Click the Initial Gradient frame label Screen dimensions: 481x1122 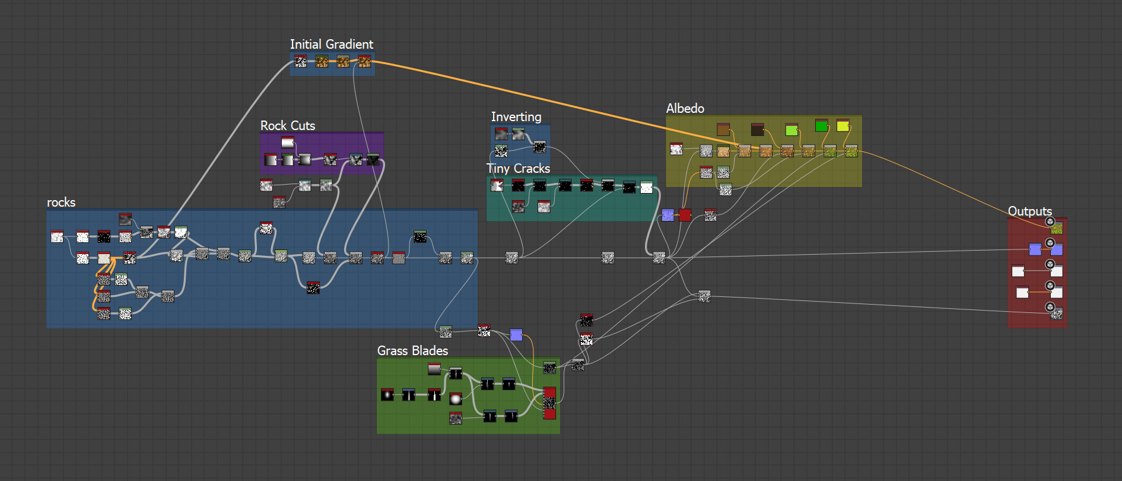pos(331,45)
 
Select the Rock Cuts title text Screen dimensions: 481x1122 pos(287,126)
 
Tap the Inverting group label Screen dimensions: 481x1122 pos(516,117)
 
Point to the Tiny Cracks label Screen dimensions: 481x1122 pos(518,169)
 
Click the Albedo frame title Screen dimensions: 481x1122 pos(685,109)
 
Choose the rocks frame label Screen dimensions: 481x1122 pos(61,202)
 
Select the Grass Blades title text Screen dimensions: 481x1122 pos(412,351)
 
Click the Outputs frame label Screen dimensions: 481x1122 pos(1029,211)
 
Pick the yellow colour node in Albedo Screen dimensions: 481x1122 pos(843,126)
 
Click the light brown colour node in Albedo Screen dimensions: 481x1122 pos(723,129)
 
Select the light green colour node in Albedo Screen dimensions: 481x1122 pos(792,129)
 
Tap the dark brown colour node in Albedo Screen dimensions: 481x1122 pos(757,129)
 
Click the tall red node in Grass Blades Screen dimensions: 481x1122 pos(549,403)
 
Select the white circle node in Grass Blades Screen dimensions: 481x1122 pos(456,399)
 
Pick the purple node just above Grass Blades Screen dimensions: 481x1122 pos(516,335)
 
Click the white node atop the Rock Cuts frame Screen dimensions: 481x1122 pos(288,143)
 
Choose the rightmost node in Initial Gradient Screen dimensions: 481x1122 pos(364,62)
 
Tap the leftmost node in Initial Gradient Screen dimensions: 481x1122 pos(301,62)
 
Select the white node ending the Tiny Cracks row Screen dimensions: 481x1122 pos(646,188)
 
